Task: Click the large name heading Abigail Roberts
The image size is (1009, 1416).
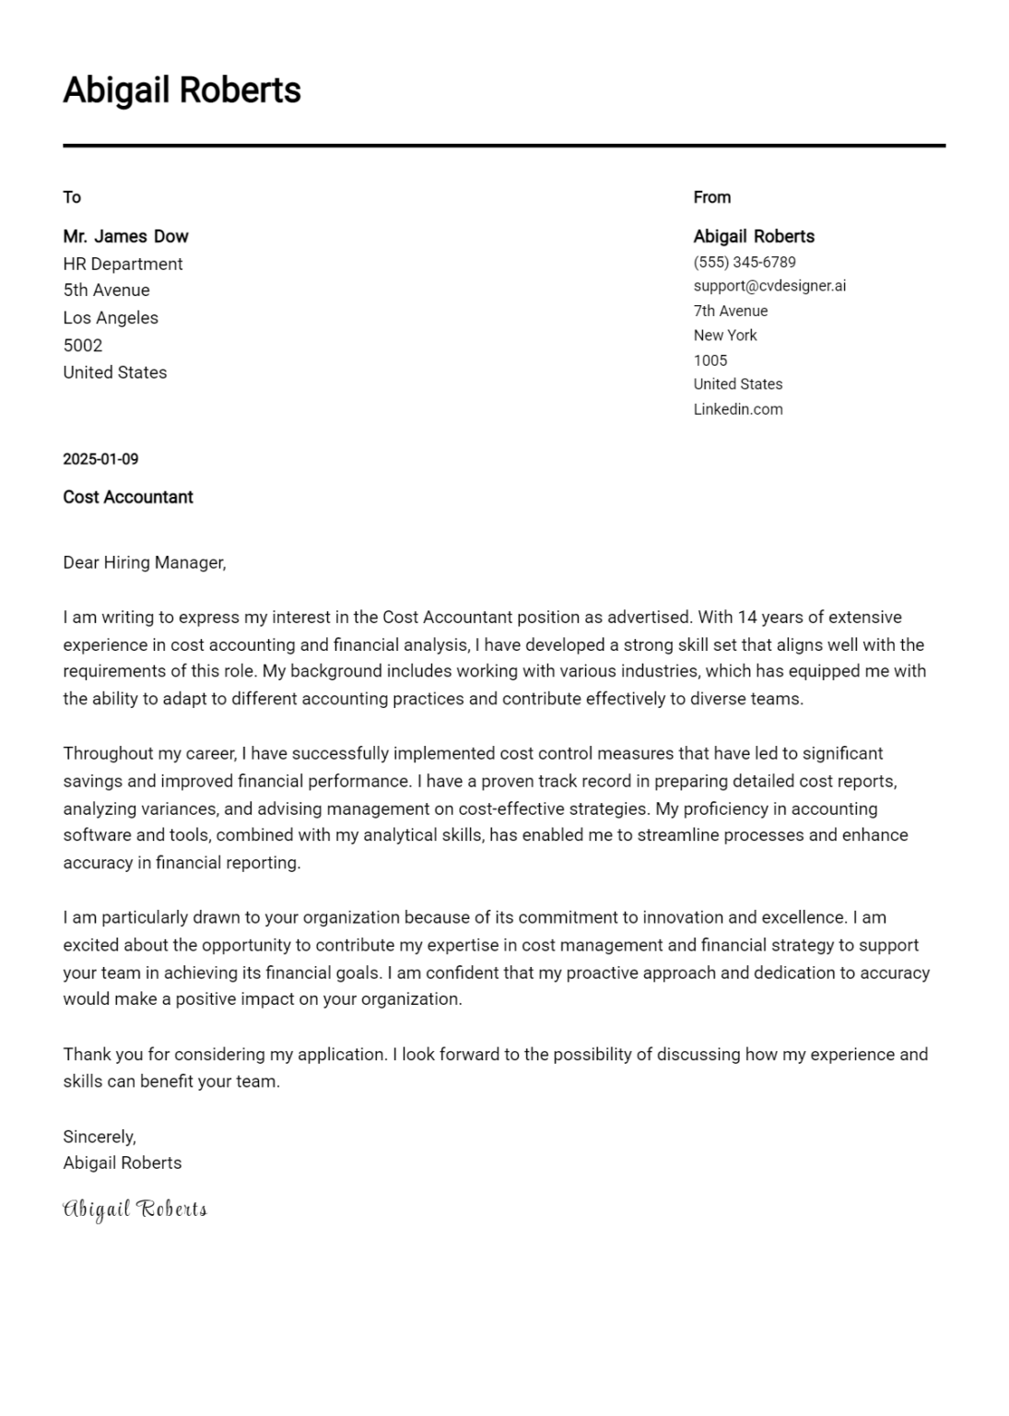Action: click(182, 90)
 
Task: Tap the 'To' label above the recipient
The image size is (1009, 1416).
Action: click(72, 197)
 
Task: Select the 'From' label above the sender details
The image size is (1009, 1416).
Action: click(711, 197)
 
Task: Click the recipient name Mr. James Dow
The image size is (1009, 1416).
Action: click(125, 236)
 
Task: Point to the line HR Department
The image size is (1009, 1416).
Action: click(123, 264)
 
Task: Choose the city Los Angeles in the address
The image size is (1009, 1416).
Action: click(111, 318)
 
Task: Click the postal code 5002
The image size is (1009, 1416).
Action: click(82, 346)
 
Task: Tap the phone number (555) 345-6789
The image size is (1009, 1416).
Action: click(744, 262)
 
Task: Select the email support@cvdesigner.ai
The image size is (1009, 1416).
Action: click(769, 286)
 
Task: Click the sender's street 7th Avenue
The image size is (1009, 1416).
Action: click(730, 311)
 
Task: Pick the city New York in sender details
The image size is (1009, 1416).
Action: click(725, 336)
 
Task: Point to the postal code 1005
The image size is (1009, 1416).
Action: click(710, 360)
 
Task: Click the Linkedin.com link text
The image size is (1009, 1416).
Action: click(737, 409)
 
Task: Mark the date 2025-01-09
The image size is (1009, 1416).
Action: click(100, 459)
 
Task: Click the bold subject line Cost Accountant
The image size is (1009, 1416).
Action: click(128, 498)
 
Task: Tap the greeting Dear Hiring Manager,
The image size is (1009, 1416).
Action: click(144, 562)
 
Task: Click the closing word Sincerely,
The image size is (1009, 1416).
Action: click(99, 1137)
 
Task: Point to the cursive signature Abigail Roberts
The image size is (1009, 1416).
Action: click(135, 1209)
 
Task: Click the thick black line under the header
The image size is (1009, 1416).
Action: click(504, 146)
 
